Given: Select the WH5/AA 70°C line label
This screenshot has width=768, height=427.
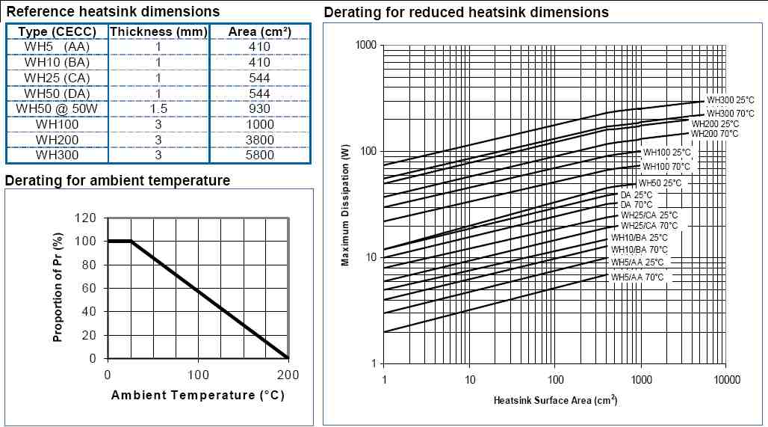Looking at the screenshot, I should (637, 277).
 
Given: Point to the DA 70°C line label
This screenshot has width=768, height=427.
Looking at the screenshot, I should (637, 204).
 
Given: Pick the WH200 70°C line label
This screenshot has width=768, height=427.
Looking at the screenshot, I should (714, 134).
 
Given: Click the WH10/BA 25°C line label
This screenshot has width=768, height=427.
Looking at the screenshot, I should (640, 238).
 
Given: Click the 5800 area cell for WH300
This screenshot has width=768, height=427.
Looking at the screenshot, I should (259, 155).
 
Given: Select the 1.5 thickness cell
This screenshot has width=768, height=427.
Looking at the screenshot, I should (158, 109).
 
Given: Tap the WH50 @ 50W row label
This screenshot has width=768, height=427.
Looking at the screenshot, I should (58, 109).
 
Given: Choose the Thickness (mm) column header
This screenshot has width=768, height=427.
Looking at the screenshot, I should (158, 31).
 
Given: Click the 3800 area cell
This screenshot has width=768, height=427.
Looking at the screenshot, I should (259, 140).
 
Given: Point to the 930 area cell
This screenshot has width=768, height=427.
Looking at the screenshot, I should (259, 109).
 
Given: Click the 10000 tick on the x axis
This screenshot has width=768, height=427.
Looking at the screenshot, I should (727, 379).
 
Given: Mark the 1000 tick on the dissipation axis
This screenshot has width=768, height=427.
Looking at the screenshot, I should (365, 46).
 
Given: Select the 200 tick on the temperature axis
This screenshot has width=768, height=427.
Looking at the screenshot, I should (288, 374).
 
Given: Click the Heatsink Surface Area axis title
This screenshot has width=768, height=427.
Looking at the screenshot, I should (555, 400).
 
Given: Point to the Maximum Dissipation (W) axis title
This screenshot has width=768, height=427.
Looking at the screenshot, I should (345, 205).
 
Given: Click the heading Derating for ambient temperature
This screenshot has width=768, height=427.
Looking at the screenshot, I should (117, 180).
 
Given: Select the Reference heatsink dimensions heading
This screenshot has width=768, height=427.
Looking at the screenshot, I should (113, 11).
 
